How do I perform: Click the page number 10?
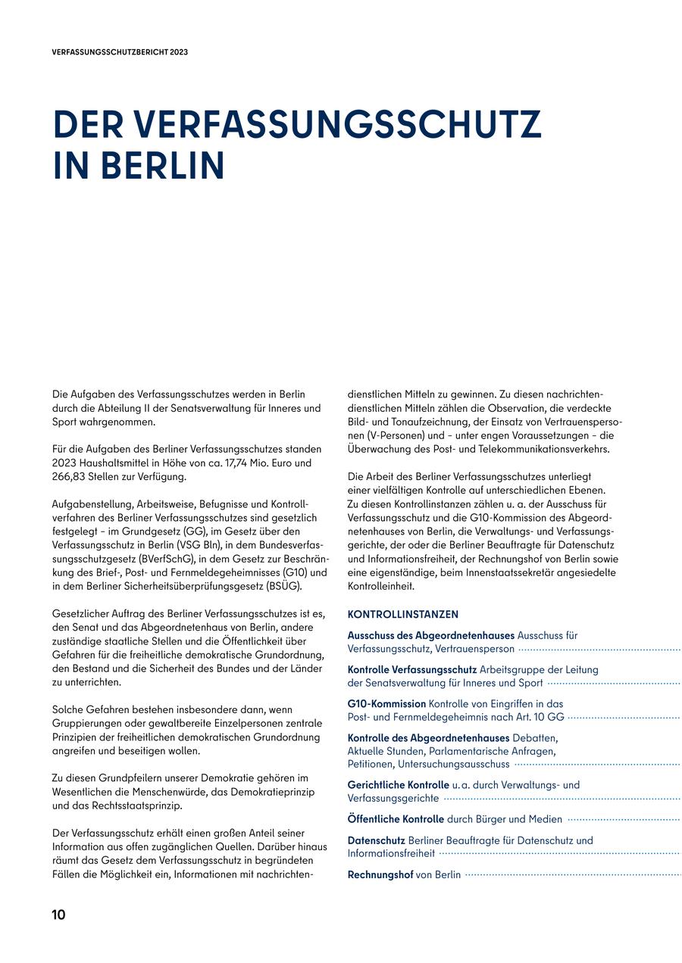pos(58,915)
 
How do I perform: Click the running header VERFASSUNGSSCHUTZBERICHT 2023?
pos(120,53)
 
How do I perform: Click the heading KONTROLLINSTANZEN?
pos(402,615)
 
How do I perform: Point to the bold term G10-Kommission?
pos(386,703)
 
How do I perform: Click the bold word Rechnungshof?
pos(380,874)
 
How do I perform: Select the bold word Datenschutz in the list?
pos(376,840)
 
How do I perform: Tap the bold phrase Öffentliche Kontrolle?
pos(396,819)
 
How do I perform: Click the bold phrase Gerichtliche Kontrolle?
pos(398,785)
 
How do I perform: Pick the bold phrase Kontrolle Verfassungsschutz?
pos(411,669)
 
